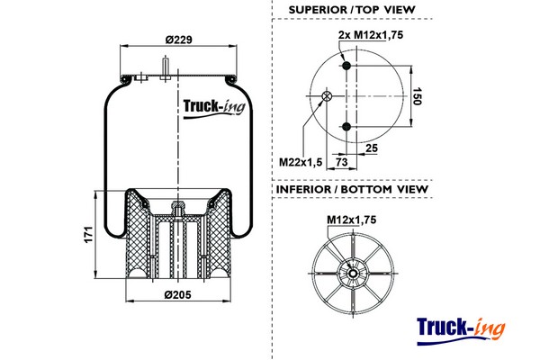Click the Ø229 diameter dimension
pyautogui.click(x=180, y=40)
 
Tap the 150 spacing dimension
pyautogui.click(x=416, y=97)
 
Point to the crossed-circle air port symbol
pyautogui.click(x=327, y=97)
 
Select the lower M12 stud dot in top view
pyautogui.click(x=347, y=128)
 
